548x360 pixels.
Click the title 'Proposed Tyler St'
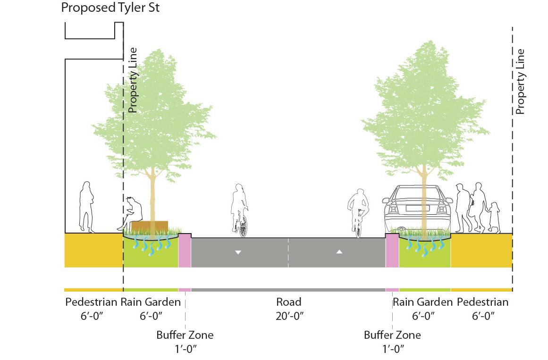coord(110,8)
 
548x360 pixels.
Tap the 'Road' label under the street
coord(288,302)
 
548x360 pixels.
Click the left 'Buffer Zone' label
coord(185,335)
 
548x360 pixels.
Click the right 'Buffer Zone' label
coord(392,335)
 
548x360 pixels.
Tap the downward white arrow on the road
coord(238,252)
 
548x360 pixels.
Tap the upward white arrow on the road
coord(339,252)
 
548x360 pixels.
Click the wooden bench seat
coord(150,226)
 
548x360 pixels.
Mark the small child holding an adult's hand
coord(494,217)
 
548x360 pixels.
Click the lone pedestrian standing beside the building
coord(86,206)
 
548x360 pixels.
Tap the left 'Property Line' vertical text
coord(133,80)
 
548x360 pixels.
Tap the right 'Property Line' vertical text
coord(520,81)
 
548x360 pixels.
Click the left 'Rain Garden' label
coord(151,302)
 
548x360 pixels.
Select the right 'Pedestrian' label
coord(482,302)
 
